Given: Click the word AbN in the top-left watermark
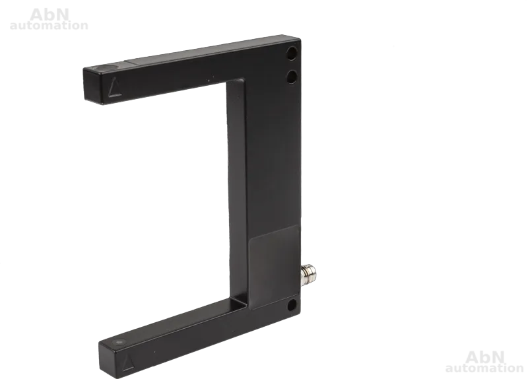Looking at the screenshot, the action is click(49, 15).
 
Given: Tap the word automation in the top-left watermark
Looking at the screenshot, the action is click(49, 25).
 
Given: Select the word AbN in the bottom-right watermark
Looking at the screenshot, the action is click(485, 357).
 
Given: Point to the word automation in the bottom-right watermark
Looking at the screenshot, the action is click(484, 368).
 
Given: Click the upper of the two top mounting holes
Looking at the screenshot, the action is click(292, 53).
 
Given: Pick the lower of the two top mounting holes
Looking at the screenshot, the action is click(292, 77).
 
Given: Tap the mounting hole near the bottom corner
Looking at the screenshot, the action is click(292, 305).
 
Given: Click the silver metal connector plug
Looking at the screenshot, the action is click(308, 275).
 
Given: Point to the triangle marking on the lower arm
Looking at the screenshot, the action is click(127, 362).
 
